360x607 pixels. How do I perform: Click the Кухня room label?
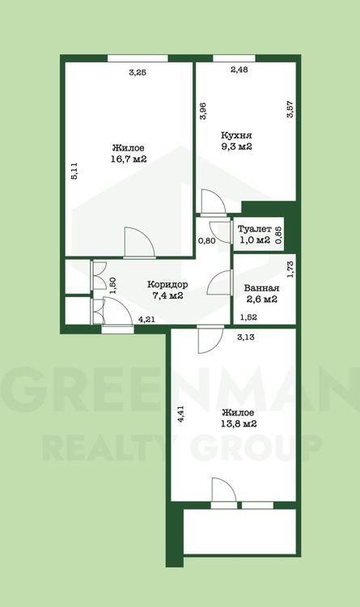coord(236,135)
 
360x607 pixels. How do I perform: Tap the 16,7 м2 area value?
coord(129,159)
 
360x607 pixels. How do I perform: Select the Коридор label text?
coord(167,285)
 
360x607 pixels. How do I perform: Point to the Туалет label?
coord(254,229)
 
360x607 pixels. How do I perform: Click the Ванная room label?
coord(261,288)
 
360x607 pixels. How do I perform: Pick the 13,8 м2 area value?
coord(239,423)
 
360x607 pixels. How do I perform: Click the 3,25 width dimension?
coord(138,72)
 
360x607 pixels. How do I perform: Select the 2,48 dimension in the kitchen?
coord(239,70)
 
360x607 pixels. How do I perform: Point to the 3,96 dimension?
coord(204,111)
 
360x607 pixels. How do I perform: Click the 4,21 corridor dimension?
coord(147,320)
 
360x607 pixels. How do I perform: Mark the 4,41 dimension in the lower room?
coord(180,417)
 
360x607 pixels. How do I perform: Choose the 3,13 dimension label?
coord(245,337)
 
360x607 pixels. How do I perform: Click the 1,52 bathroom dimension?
coord(249,317)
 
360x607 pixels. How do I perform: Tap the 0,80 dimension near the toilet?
coord(207,241)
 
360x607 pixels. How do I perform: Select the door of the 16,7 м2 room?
coord(140,243)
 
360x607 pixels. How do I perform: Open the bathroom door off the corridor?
coord(220,283)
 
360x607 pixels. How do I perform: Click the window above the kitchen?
coord(234,58)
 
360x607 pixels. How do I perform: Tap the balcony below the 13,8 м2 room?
coord(239,532)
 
